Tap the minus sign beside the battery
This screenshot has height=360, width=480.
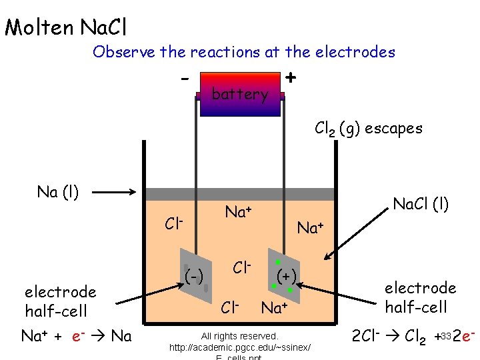184,78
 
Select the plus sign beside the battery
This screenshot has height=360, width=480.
291,77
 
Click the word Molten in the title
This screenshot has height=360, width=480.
39,27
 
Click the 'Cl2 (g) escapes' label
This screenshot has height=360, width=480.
368,128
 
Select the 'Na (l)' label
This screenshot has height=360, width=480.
58,193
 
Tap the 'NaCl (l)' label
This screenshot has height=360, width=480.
421,204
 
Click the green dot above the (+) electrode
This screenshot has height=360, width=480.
277,262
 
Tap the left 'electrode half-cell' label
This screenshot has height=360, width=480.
60,301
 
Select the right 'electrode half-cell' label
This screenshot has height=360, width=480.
420,297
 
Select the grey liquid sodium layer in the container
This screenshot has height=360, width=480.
240,194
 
